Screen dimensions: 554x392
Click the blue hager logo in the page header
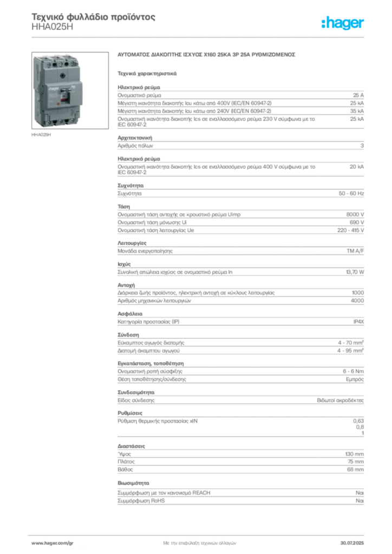coord(343,23)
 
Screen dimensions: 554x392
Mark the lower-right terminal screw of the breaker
coord(72,121)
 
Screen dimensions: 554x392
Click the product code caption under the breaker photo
coord(42,136)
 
